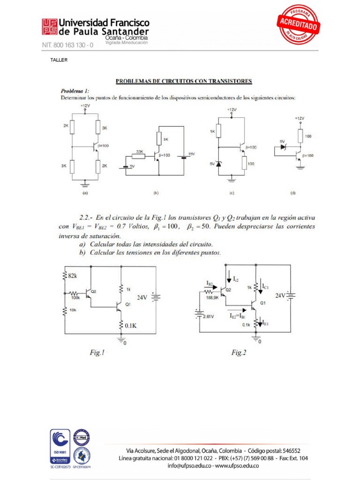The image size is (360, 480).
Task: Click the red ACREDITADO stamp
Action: click(x=298, y=24)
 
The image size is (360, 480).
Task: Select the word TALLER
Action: click(x=59, y=60)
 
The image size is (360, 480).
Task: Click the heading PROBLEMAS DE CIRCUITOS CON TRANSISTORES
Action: click(x=184, y=81)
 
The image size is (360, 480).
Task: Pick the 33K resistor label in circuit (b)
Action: click(x=139, y=151)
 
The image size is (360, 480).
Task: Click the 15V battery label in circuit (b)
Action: click(x=191, y=154)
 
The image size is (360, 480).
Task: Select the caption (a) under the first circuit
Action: click(x=85, y=192)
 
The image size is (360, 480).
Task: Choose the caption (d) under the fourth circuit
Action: click(x=293, y=192)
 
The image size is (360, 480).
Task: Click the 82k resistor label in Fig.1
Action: click(x=73, y=276)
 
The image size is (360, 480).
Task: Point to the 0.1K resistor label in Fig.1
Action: click(x=130, y=324)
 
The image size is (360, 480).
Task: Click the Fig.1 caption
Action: click(x=97, y=352)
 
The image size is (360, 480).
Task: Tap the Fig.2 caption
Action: click(x=239, y=352)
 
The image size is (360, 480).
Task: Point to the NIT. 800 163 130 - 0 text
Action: click(x=68, y=45)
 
